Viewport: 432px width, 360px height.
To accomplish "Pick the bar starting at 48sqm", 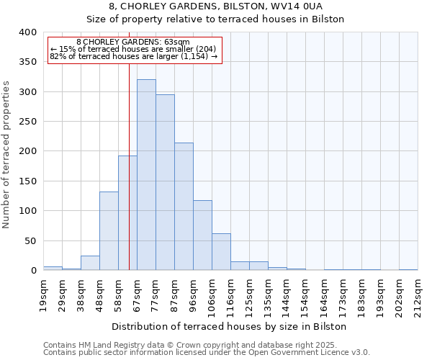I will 109,230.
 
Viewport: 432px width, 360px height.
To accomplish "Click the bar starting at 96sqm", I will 202,235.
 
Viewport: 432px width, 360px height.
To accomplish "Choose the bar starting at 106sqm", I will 221,252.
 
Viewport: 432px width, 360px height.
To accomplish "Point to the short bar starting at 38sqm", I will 90,263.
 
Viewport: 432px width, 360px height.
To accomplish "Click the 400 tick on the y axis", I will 27,32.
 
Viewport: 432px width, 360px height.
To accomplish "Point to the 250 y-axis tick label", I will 27,122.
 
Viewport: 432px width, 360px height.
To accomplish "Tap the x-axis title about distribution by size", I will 230,326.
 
